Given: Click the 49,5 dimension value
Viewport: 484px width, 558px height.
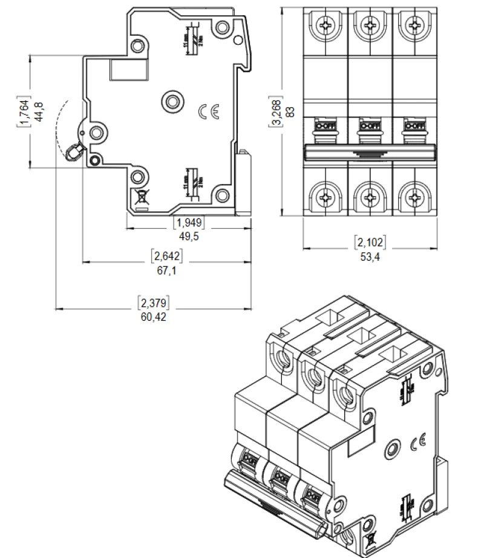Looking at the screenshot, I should [x=189, y=235].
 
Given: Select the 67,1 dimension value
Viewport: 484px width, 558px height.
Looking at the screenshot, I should [x=166, y=271].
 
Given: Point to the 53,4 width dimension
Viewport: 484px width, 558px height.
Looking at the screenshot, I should [x=370, y=255].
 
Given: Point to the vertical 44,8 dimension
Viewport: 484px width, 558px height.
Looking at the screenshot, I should [x=39, y=110].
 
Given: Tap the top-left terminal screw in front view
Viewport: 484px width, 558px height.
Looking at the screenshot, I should [x=325, y=25].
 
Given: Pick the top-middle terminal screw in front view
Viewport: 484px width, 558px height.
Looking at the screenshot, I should [x=370, y=25].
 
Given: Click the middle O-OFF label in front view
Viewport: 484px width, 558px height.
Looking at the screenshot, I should [x=370, y=126].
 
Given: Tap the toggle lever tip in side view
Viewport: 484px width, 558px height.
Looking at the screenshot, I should [x=74, y=152].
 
